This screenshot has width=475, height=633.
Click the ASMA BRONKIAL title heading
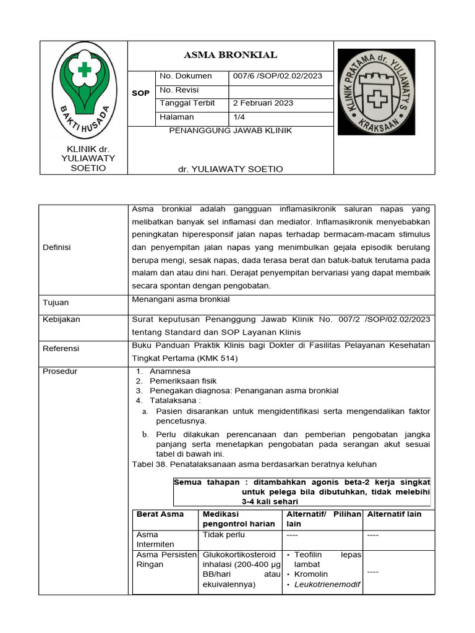tap(231, 55)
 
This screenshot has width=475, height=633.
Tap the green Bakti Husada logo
tap(83, 92)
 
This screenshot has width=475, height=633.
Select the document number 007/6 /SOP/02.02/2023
tap(277, 76)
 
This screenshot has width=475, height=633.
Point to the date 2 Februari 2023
tap(263, 103)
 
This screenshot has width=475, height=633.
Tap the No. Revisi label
tap(178, 90)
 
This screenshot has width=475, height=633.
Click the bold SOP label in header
tap(141, 93)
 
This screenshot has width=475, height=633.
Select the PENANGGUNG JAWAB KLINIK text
tap(230, 131)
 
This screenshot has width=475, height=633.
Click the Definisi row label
tap(57, 247)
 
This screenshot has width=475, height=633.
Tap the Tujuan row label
tap(56, 303)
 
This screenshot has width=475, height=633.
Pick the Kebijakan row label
tap(61, 320)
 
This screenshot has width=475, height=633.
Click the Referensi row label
tap(61, 349)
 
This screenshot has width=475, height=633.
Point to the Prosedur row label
tap(59, 372)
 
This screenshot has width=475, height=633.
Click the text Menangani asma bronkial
tap(181, 299)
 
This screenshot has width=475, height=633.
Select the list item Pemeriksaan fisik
tap(183, 381)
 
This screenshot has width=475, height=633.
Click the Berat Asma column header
tap(160, 514)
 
